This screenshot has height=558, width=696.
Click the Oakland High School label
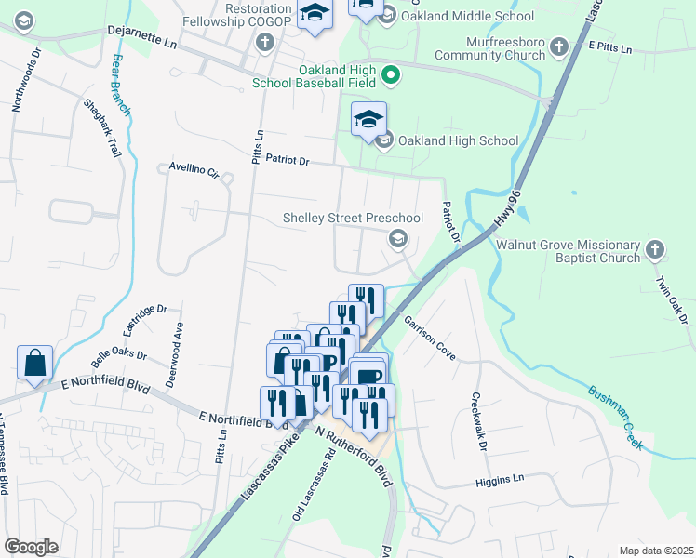[458, 140]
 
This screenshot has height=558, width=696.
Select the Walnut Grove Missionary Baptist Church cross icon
[655, 249]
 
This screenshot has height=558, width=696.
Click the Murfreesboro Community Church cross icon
[558, 46]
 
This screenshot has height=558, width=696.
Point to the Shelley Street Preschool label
[353, 218]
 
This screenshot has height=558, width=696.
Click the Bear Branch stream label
[121, 85]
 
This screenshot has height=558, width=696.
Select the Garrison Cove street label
[428, 338]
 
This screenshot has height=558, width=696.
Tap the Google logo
[31, 546]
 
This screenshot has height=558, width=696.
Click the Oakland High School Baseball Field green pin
[392, 74]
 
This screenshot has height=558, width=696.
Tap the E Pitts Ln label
[609, 46]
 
